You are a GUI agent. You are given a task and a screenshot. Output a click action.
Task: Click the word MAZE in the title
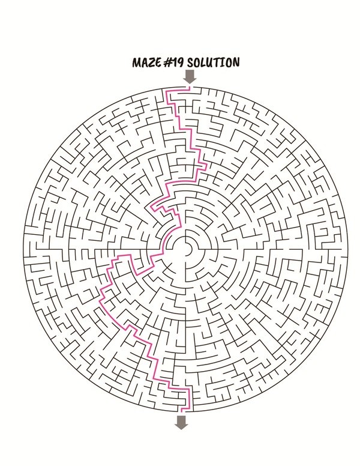147,62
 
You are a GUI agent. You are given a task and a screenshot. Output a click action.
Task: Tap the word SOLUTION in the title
213,62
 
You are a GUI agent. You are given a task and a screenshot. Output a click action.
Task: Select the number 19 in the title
178,62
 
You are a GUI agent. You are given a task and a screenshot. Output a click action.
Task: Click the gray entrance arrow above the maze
189,76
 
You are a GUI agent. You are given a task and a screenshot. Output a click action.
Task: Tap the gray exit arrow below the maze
181,422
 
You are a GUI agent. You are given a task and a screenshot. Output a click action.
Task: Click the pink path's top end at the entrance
189,87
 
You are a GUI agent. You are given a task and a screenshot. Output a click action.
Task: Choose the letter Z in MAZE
152,62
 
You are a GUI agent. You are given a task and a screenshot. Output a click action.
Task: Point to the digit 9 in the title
180,62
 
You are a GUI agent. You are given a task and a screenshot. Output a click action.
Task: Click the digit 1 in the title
175,62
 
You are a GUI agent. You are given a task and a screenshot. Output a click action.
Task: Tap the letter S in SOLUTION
190,62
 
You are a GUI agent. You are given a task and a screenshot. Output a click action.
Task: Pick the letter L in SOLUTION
203,62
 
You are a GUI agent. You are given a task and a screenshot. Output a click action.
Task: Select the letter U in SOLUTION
211,62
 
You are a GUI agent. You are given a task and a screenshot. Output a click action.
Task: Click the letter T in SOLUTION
218,62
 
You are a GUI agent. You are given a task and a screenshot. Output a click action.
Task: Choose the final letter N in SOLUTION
235,62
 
